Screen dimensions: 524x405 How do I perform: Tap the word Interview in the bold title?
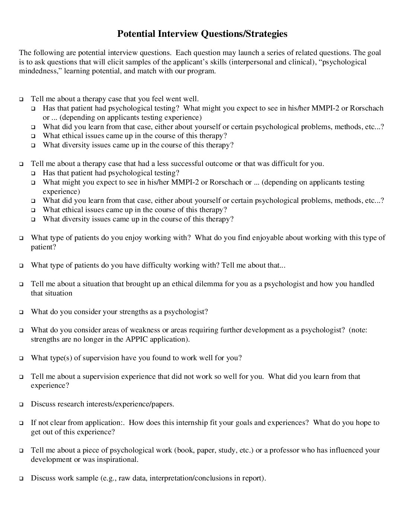coord(178,34)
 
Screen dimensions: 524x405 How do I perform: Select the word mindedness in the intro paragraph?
coord(40,71)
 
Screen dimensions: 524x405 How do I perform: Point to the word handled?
coord(361,284)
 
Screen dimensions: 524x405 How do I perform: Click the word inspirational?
coord(117,460)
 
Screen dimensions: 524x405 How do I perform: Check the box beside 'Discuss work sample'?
coord(21,478)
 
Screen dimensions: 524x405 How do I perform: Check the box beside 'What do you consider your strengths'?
coord(21,312)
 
